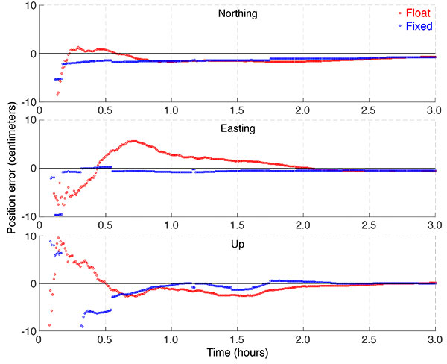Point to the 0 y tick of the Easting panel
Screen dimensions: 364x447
(31, 169)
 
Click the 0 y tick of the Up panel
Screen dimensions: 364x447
(31, 284)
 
